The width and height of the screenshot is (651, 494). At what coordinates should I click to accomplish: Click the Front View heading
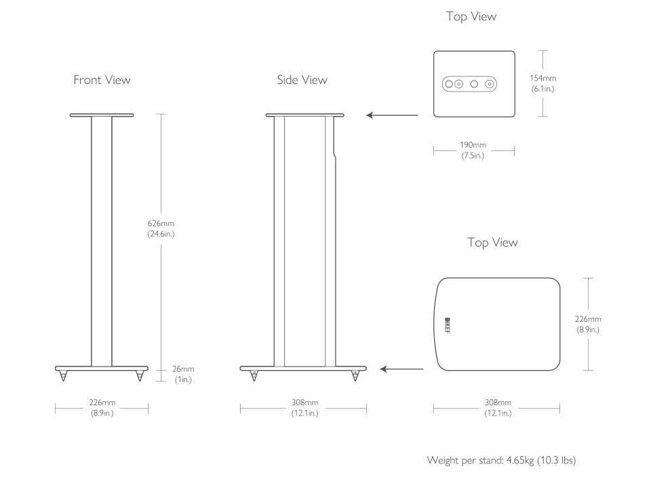pyautogui.click(x=102, y=80)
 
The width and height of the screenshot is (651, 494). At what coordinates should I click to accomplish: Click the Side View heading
pyautogui.click(x=302, y=80)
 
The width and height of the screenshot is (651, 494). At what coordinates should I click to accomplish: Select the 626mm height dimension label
pyautogui.click(x=161, y=228)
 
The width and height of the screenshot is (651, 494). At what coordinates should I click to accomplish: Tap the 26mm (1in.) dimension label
pyautogui.click(x=183, y=374)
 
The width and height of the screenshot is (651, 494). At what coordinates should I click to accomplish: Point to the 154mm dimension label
pyautogui.click(x=542, y=83)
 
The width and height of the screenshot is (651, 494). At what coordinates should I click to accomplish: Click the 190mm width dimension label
pyautogui.click(x=473, y=150)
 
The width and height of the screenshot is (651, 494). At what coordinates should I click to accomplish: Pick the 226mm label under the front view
pyautogui.click(x=102, y=408)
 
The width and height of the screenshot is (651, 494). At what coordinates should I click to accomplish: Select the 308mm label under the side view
pyautogui.click(x=304, y=408)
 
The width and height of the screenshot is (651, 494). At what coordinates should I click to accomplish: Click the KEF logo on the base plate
pyautogui.click(x=448, y=325)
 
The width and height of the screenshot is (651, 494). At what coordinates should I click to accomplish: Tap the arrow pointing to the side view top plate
pyautogui.click(x=393, y=115)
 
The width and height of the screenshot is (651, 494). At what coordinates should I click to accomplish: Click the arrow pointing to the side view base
pyautogui.click(x=401, y=369)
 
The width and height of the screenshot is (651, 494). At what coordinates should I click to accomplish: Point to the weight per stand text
pyautogui.click(x=501, y=460)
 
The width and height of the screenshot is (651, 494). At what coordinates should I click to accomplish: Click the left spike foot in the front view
pyautogui.click(x=63, y=376)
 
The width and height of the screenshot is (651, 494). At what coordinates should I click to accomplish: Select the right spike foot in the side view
pyautogui.click(x=355, y=376)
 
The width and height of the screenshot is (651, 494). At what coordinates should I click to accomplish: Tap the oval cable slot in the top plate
pyautogui.click(x=469, y=84)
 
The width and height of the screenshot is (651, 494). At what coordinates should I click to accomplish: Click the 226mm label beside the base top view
pyautogui.click(x=588, y=325)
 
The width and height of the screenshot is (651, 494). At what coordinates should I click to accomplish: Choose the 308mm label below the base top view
pyautogui.click(x=498, y=408)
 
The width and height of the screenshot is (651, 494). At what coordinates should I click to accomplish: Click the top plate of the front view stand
pyautogui.click(x=102, y=115)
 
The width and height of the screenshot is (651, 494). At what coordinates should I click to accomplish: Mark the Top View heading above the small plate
pyautogui.click(x=471, y=16)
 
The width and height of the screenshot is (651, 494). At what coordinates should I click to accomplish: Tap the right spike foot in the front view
pyautogui.click(x=140, y=376)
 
